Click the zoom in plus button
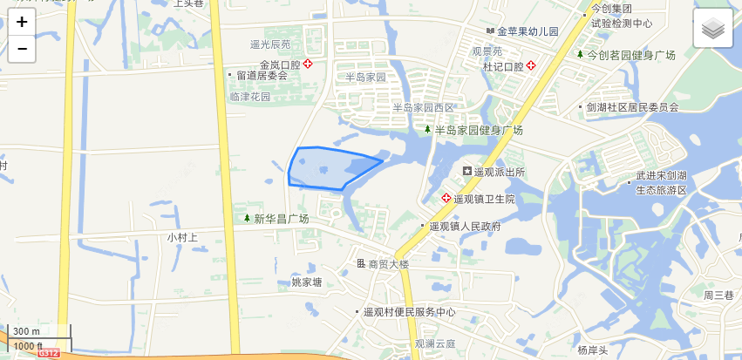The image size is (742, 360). (x=22, y=23)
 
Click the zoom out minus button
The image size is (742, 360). (x=22, y=49)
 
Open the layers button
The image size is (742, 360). (x=712, y=30)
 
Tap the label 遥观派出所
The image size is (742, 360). (x=500, y=172)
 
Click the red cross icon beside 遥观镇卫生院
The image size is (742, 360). (x=447, y=199)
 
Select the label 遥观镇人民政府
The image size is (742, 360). (x=465, y=227)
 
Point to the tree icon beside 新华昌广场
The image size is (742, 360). (x=247, y=219)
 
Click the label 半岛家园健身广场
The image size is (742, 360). (x=479, y=130)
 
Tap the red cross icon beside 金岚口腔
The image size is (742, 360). (x=308, y=65)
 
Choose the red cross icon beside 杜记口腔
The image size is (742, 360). (x=530, y=65)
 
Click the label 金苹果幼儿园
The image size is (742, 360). (x=528, y=31)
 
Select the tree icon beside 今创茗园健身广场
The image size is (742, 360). (x=580, y=54)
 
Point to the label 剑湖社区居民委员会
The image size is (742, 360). (x=632, y=107)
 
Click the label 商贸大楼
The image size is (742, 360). (x=389, y=264)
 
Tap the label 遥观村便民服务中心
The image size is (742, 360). (x=410, y=311)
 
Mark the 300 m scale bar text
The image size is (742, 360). (x=26, y=332)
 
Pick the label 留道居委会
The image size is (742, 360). (x=262, y=76)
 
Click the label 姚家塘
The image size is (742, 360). (x=307, y=282)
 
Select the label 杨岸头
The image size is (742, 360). (x=592, y=350)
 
